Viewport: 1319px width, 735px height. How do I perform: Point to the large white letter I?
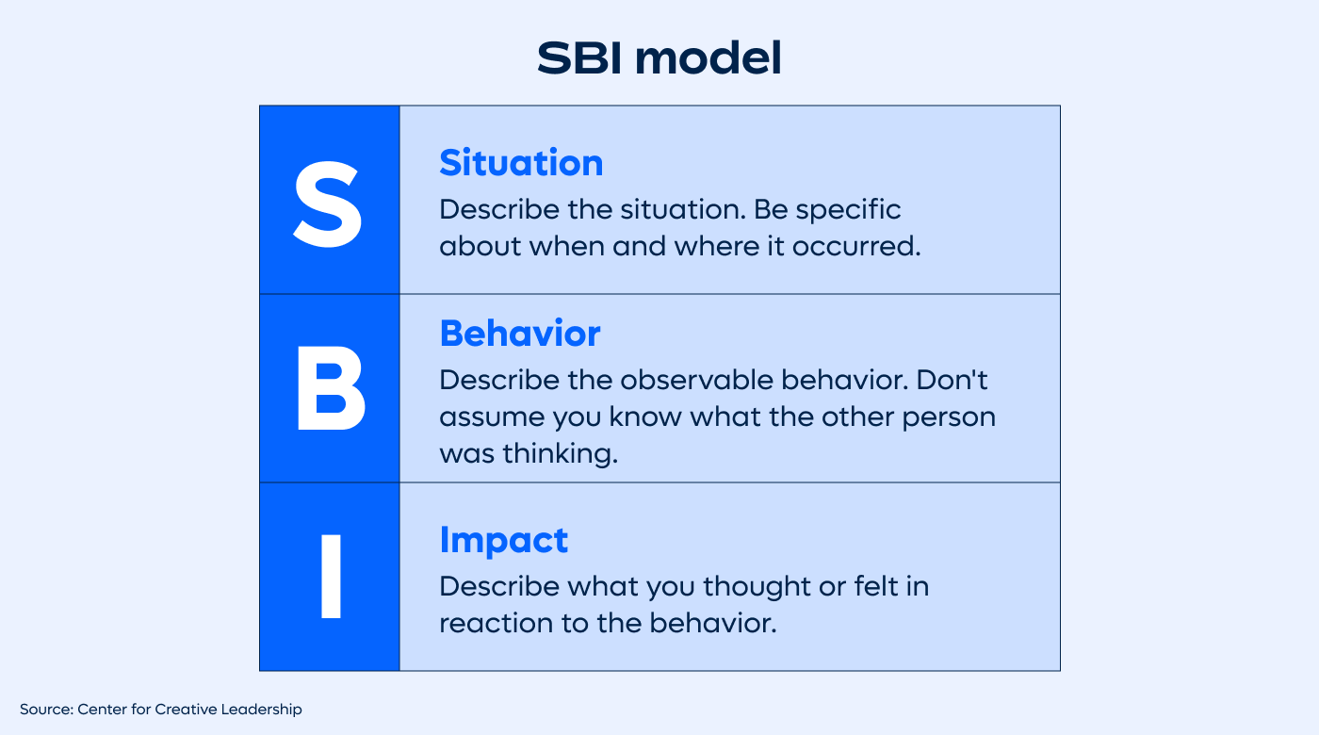[330, 578]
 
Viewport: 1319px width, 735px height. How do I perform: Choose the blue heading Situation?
[521, 163]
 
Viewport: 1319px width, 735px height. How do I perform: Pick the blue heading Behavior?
[519, 334]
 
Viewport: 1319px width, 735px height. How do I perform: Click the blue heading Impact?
[503, 540]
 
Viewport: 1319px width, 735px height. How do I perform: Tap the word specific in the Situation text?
[848, 209]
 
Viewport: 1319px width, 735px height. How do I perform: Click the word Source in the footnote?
[44, 709]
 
